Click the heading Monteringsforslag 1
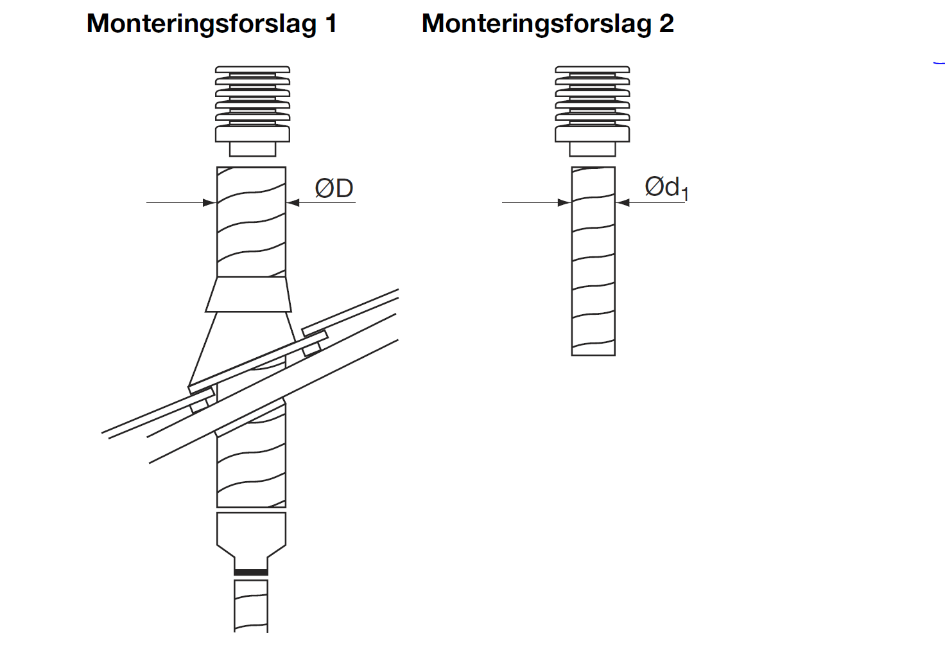212,24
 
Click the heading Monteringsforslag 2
548,24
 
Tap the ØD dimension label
334,188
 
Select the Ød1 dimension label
666,188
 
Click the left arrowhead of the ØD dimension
210,202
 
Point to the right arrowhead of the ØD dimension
293,202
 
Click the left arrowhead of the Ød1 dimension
564,202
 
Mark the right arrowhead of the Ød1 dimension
622,202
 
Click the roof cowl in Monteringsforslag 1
253,111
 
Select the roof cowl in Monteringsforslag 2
593,111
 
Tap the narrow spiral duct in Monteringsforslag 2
593,261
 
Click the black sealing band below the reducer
251,572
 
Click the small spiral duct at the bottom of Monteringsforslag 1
251,606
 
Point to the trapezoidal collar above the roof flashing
248,295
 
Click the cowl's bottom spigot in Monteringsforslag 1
253,149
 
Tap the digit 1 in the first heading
331,23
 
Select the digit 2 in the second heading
666,23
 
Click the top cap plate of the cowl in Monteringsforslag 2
593,69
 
